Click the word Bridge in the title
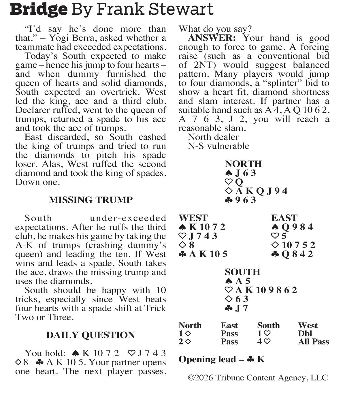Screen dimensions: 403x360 (39, 9)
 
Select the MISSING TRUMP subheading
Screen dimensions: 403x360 (91, 200)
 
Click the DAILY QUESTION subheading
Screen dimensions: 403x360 (91, 335)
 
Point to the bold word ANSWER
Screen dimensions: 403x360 (212, 38)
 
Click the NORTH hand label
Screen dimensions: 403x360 (243, 164)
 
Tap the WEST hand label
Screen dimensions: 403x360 (193, 218)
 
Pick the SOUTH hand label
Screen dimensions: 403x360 (242, 272)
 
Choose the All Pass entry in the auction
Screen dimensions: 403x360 (313, 342)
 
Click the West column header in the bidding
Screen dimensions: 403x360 (307, 325)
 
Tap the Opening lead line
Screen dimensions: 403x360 (221, 359)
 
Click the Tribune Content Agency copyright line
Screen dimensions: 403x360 (258, 378)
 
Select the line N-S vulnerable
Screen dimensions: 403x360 (218, 146)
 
